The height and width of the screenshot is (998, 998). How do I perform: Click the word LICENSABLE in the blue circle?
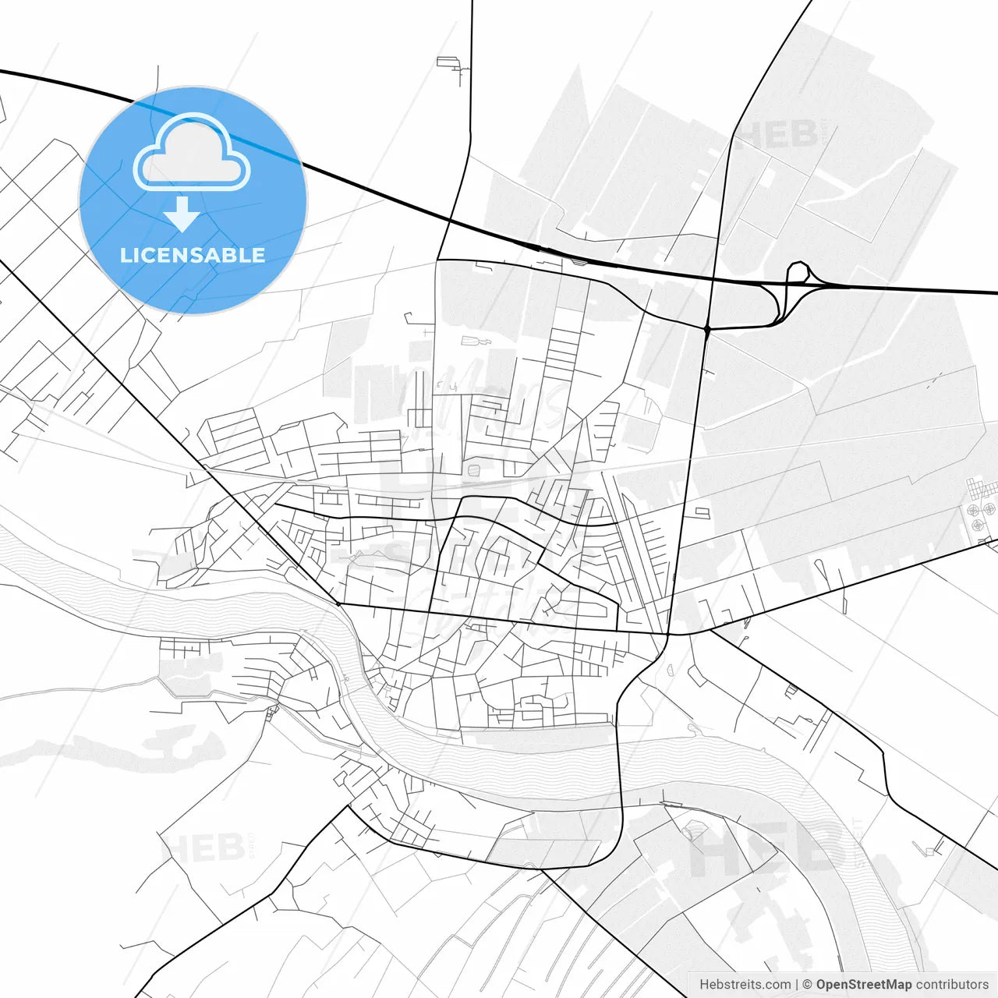coord(193,255)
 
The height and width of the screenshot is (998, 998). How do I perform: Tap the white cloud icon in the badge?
coord(192,154)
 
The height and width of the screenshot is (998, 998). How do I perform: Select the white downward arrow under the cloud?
coord(182,214)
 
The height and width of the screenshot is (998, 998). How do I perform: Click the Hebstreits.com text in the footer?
coord(745,985)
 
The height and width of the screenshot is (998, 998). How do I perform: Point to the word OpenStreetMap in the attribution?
coord(863,985)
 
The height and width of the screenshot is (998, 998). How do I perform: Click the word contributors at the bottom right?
coord(952,985)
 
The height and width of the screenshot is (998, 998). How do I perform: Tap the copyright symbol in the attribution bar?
coord(808,985)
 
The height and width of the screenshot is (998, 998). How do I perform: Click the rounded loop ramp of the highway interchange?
coord(798,272)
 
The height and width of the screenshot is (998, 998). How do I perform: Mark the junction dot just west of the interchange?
coord(706,330)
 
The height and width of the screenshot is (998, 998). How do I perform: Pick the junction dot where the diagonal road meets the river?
coord(338,603)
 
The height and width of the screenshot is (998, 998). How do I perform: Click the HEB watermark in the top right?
coord(777,134)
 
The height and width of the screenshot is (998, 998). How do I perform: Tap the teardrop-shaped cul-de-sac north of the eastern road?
coord(819,565)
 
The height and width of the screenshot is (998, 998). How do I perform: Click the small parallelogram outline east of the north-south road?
coord(702,512)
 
